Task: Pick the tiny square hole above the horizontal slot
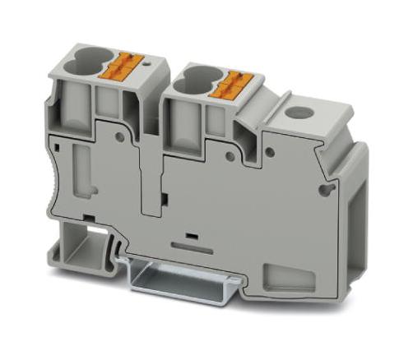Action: [x=191, y=236]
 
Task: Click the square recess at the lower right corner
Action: [x=273, y=276]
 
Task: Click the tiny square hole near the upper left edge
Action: [x=61, y=146]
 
